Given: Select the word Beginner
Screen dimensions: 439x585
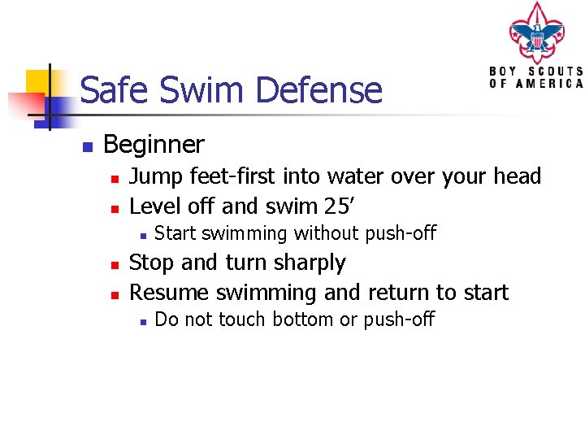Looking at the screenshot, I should [154, 145].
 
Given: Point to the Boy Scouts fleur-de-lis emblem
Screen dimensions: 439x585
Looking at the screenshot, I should [535, 33].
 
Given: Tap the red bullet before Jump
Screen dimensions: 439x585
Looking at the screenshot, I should [115, 178].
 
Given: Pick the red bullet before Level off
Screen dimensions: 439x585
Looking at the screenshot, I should [115, 207].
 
